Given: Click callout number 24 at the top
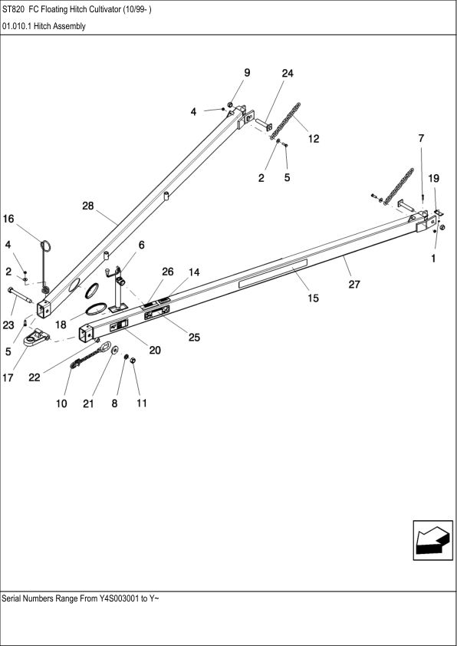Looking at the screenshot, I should point(287,74).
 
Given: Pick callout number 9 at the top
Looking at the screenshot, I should point(247,73).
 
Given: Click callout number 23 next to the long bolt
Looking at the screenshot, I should point(9,325).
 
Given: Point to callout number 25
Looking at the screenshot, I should point(183,336).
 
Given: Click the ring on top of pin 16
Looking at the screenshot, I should point(46,246).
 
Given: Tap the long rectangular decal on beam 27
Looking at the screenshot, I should point(272,272).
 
